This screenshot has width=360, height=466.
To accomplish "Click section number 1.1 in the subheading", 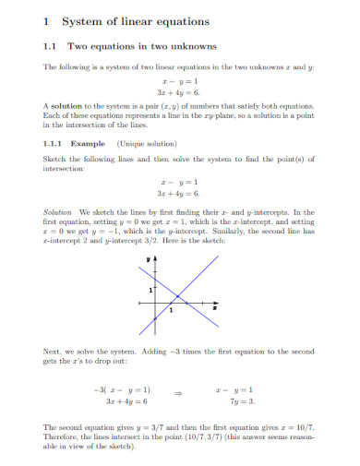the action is coord(51,46).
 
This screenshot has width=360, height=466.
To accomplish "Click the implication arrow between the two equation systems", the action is coord(179,392).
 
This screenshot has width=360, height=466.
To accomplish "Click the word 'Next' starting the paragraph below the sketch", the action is coord(53,352).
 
